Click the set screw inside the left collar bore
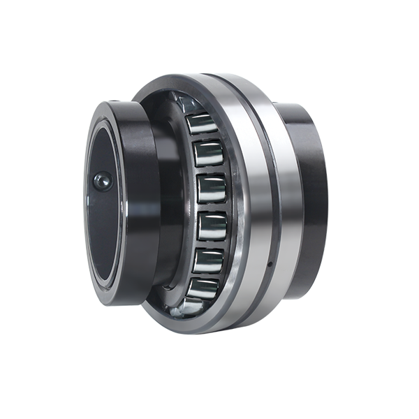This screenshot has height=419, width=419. point(102,182)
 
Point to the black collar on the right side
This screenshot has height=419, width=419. point(308,196)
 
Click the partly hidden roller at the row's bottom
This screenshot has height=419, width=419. point(195,305)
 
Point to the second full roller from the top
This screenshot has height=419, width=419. point(208,153)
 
